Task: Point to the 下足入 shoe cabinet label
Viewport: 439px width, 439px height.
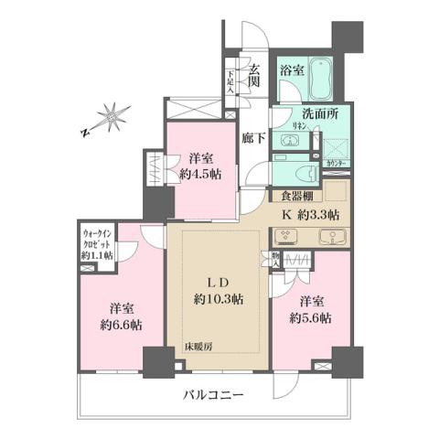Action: (x=231, y=83)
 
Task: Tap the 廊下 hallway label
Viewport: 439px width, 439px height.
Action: (x=253, y=139)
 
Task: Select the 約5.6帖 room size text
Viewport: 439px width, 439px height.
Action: (x=311, y=317)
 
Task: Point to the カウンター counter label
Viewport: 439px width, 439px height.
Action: (x=335, y=164)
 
